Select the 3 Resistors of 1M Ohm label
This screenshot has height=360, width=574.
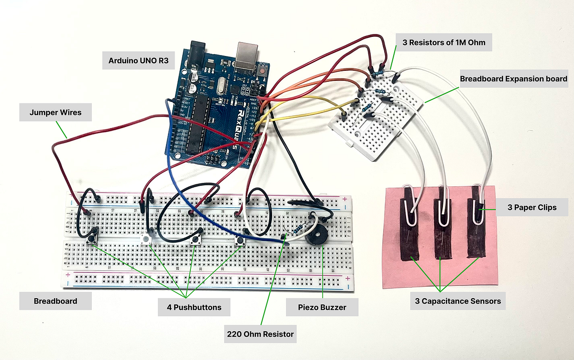(443, 43)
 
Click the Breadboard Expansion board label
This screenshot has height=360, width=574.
(513, 79)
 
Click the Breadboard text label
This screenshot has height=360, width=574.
(55, 301)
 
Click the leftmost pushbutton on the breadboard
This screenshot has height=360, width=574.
(92, 237)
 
